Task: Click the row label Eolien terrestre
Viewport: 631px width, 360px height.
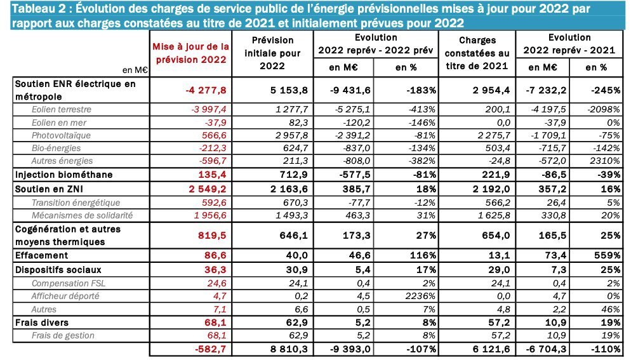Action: coord(62,109)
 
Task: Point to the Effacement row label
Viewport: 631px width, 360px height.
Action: coord(41,255)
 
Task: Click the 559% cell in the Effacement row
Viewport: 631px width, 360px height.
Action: coord(607,255)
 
